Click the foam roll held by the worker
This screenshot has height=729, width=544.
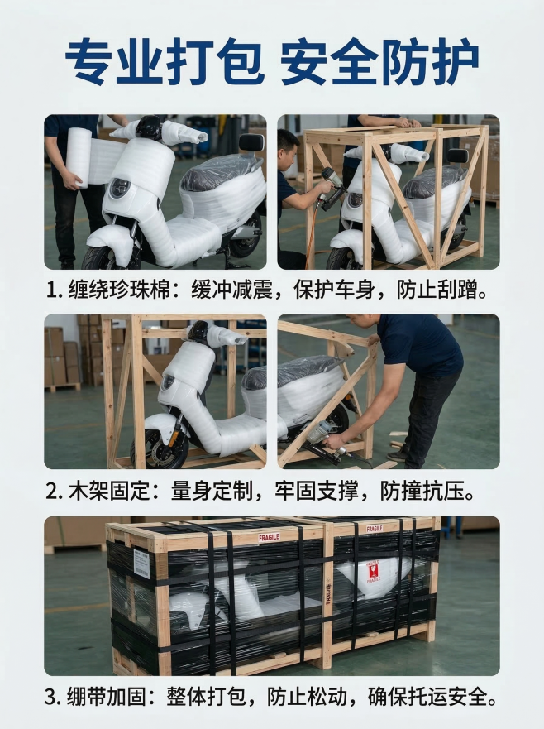point(79,157)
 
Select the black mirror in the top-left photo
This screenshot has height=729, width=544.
point(251,142)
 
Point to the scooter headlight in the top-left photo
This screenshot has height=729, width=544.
point(121,188)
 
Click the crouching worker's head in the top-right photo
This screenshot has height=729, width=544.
point(287,146)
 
